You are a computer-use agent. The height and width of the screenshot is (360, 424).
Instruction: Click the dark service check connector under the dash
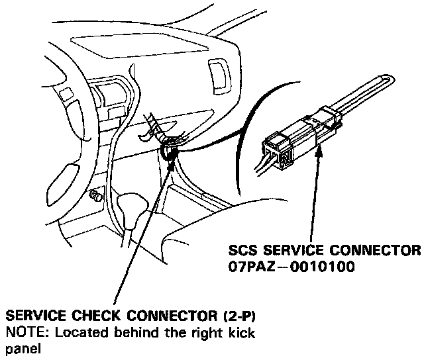pos(168,153)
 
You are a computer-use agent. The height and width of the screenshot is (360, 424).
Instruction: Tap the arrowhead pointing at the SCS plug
pos(320,154)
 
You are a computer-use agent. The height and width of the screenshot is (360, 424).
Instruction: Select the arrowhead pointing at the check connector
pos(173,161)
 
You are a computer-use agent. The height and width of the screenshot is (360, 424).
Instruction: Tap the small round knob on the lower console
pos(95,197)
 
